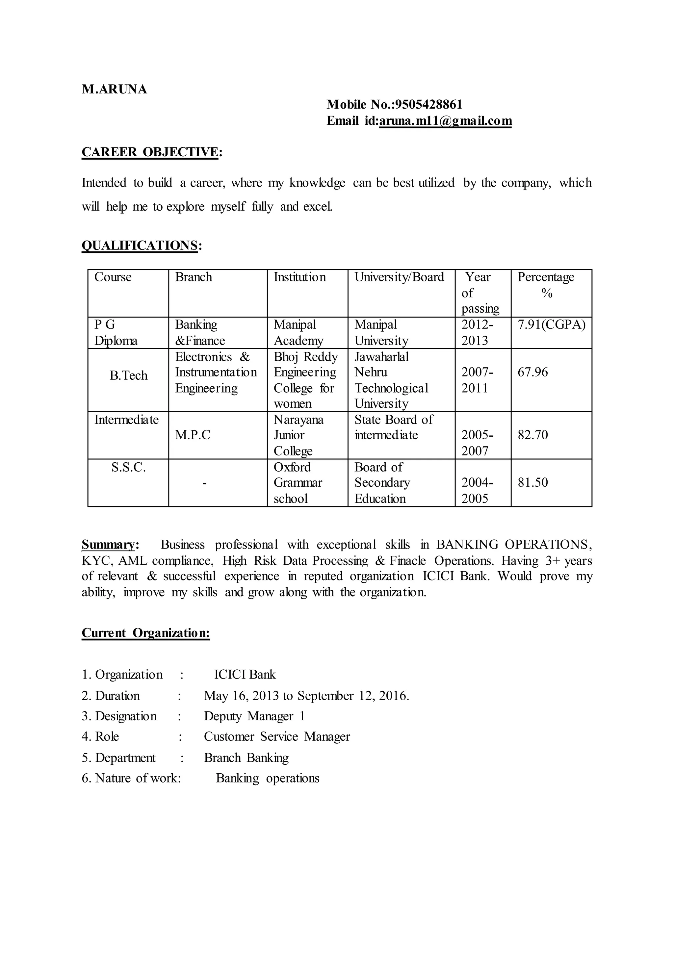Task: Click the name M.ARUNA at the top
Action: (114, 89)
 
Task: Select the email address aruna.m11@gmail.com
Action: (445, 121)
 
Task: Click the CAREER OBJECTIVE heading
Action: (150, 152)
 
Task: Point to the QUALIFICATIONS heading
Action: (140, 245)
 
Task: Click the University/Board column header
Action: (399, 277)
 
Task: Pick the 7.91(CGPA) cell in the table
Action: (551, 324)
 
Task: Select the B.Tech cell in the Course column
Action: (128, 375)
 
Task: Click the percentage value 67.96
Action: (532, 372)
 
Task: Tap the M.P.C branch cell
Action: (193, 435)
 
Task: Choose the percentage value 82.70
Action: (532, 435)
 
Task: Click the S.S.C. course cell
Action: (128, 467)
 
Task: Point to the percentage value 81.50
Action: (532, 482)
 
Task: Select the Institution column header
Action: (300, 277)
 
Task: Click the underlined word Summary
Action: (108, 544)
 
